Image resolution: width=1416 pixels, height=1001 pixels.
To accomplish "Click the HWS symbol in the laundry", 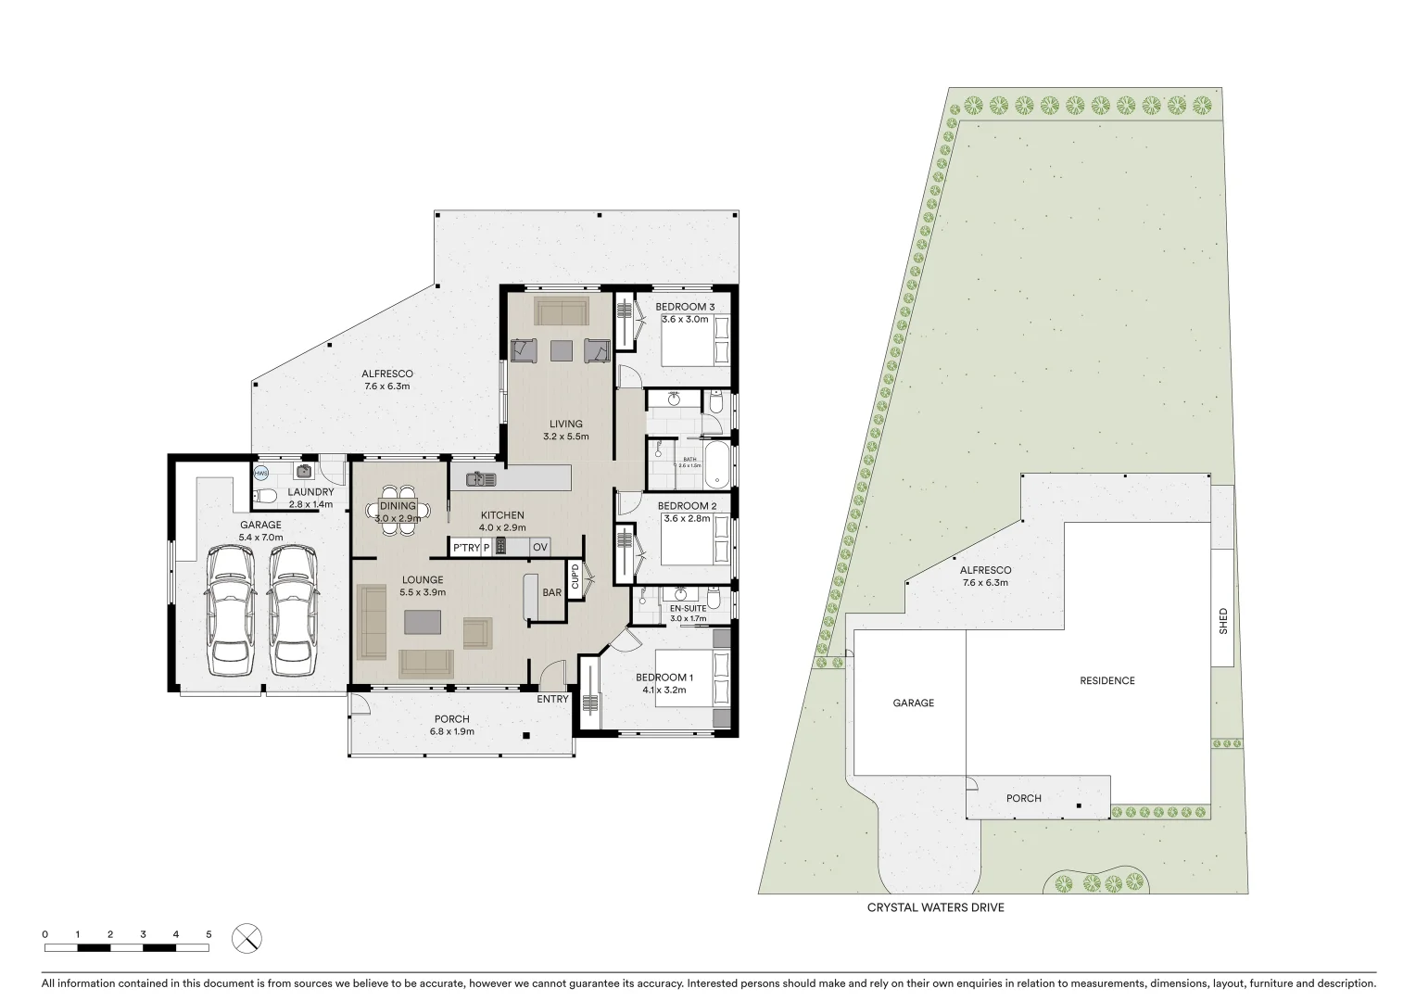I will coord(260,473).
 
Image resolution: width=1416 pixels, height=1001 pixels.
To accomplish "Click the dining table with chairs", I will coord(398,509).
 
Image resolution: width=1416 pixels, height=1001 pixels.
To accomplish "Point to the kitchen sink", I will coord(482,478).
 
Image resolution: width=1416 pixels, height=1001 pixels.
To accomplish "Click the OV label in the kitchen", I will coord(539,548).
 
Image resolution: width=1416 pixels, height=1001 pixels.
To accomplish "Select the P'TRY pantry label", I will coord(466,548).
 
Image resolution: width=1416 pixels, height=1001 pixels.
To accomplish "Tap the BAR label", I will coord(552,592).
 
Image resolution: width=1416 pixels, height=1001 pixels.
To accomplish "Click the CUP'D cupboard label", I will coord(575,579).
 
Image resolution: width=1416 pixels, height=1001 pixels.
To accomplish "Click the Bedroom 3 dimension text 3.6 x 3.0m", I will coord(684,320).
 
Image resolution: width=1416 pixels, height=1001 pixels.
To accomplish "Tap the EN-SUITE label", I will coord(688,608).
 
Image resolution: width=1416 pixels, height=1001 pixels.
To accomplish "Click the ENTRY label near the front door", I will coord(552,699).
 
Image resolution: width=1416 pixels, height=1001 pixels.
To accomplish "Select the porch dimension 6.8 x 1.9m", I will coord(452,731).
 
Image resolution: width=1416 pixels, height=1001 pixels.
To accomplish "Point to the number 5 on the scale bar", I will coord(209,934).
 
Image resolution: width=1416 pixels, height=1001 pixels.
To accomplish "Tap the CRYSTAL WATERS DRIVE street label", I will coord(935,907).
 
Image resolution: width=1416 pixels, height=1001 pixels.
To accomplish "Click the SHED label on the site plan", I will coord(1222,620).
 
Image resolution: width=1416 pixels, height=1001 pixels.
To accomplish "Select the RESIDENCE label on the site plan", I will coord(1106,680).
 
